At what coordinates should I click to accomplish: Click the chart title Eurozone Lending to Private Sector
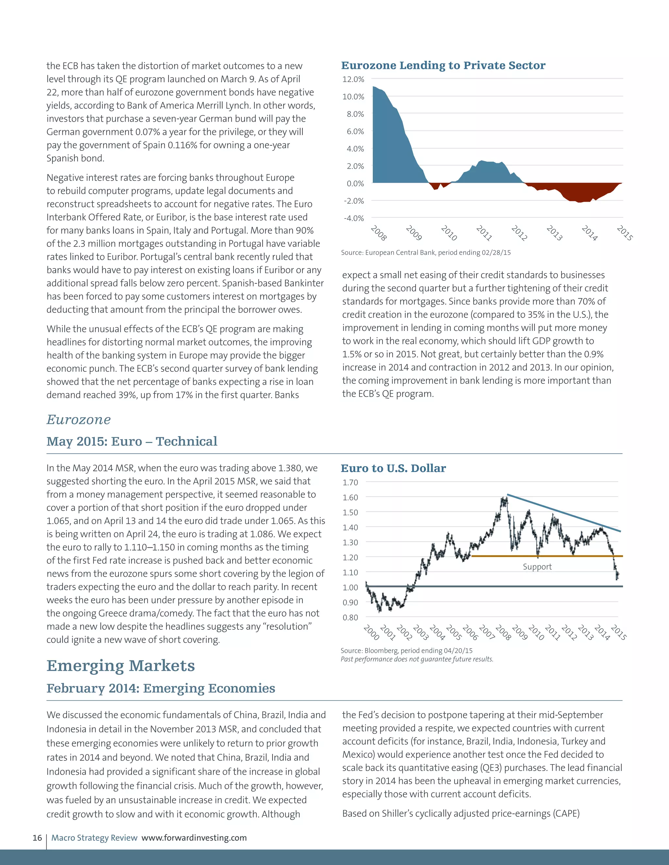[443, 65]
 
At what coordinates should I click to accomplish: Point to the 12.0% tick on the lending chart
[353, 79]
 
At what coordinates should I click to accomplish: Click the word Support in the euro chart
[537, 567]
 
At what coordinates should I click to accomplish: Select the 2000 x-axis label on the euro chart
[371, 632]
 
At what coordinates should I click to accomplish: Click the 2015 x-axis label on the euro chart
[618, 632]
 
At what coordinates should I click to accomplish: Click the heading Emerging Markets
[121, 666]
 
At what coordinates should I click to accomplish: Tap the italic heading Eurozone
[78, 419]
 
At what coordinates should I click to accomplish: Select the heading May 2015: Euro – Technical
[132, 441]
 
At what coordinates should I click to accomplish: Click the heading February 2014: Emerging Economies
[160, 688]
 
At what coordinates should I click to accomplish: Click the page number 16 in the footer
[37, 838]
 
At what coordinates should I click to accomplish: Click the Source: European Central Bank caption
[426, 253]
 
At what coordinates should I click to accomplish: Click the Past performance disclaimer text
[416, 659]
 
